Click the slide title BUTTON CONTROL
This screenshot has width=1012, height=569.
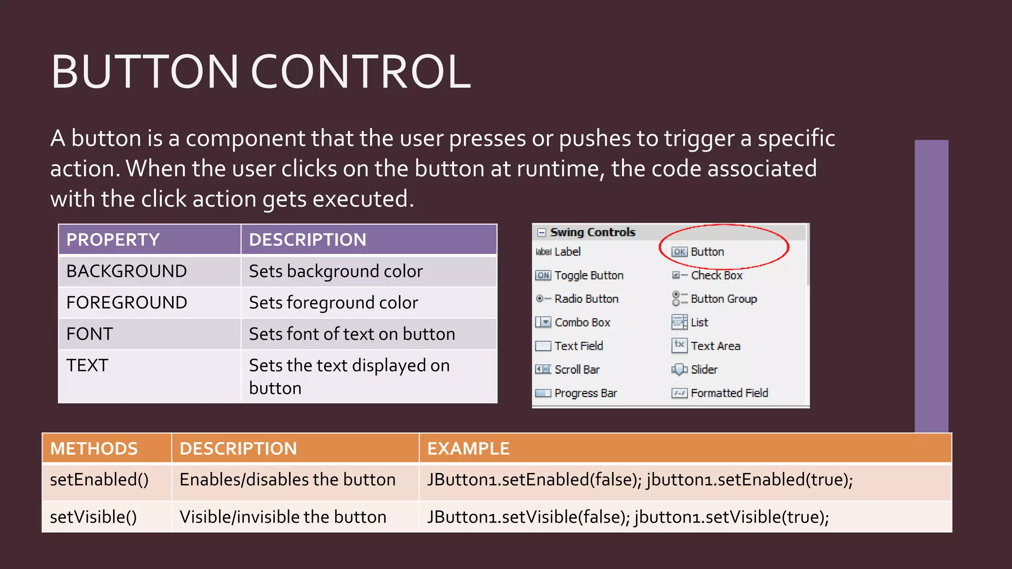[x=260, y=72]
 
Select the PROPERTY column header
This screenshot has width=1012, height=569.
[x=113, y=240]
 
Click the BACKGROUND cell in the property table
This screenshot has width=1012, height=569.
[x=126, y=271]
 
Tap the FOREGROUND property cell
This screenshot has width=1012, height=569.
[x=126, y=302]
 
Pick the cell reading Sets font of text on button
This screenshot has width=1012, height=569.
[x=352, y=334]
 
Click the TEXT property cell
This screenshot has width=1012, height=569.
[x=87, y=366]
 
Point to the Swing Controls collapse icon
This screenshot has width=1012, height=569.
[x=542, y=232]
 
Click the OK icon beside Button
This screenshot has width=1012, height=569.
[x=679, y=252]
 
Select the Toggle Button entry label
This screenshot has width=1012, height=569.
[x=589, y=276]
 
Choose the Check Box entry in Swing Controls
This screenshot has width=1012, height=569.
[x=717, y=276]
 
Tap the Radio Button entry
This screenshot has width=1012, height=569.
[x=586, y=299]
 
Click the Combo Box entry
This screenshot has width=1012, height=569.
[x=582, y=323]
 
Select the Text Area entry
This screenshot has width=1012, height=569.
[x=715, y=346]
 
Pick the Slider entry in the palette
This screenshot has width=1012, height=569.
[x=704, y=369]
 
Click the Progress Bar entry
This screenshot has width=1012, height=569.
[x=586, y=393]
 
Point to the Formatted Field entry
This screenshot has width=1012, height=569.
[x=729, y=393]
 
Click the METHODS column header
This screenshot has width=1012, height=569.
[x=94, y=448]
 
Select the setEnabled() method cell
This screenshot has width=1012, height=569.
[x=99, y=480]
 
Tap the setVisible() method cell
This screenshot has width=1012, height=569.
[x=93, y=517]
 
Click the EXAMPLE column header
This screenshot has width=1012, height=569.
[x=468, y=448]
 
